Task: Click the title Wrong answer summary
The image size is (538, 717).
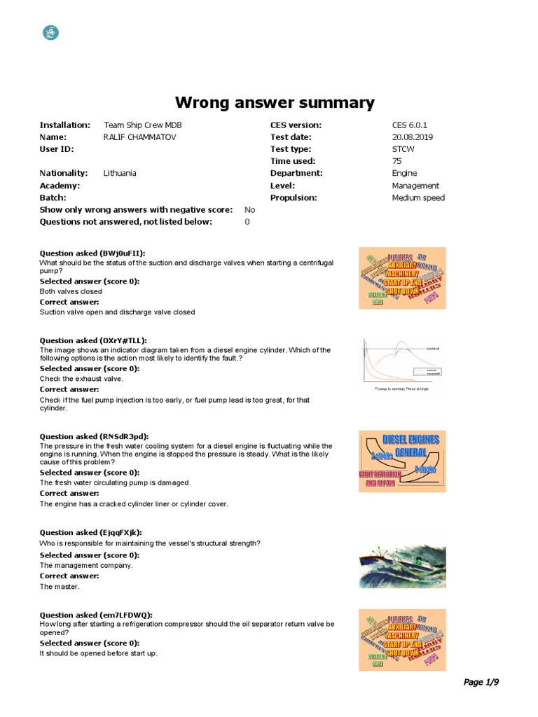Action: [x=274, y=102]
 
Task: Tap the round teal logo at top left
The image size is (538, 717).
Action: [x=51, y=32]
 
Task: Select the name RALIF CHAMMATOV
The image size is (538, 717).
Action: [x=140, y=137]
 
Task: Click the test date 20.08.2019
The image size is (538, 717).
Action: [x=413, y=137]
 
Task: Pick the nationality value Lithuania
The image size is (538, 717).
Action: [x=120, y=173]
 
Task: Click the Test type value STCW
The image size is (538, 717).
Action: [x=403, y=149]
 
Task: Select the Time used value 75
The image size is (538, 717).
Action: [x=397, y=161]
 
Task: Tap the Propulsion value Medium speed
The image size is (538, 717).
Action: [x=418, y=197]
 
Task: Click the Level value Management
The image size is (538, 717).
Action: [x=415, y=186]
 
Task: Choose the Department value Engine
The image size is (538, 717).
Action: [x=404, y=173]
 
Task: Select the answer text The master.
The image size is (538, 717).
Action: [x=60, y=586]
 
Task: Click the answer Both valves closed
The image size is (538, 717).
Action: [x=71, y=291]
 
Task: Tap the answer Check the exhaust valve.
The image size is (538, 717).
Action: [x=81, y=379]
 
